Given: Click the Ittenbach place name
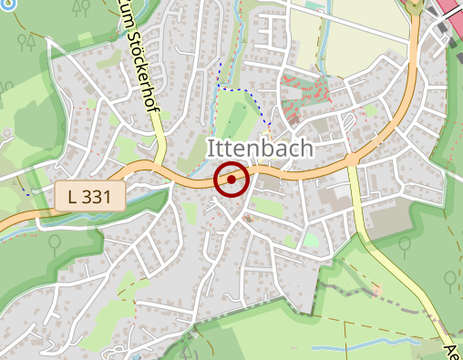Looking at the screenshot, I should tap(260, 149).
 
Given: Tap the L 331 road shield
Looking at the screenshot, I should tap(89, 196).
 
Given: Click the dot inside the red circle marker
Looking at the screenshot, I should tap(231, 180).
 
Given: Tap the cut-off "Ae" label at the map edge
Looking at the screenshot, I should tap(452, 350).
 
